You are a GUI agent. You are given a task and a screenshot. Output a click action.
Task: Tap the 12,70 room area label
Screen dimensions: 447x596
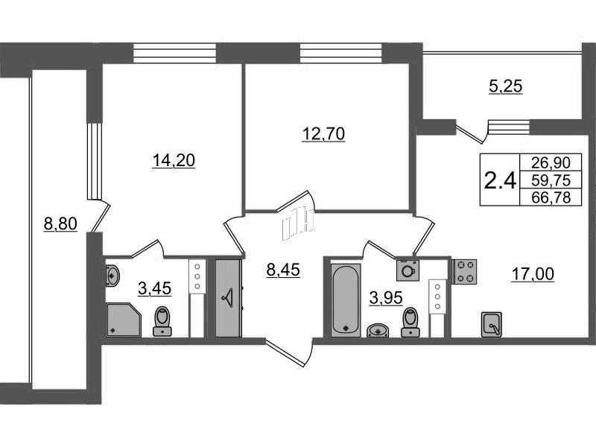pyautogui.click(x=324, y=134)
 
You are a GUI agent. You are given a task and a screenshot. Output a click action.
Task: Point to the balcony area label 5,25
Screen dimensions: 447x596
pyautogui.click(x=506, y=86)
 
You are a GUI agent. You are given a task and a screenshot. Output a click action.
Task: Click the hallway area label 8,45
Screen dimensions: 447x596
pyautogui.click(x=282, y=270)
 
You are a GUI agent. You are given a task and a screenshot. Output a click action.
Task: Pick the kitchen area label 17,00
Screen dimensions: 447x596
pyautogui.click(x=533, y=274)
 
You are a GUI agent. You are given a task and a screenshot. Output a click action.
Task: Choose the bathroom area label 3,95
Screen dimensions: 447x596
pyautogui.click(x=387, y=298)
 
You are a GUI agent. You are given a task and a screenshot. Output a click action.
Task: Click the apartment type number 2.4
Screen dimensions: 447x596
pyautogui.click(x=500, y=180)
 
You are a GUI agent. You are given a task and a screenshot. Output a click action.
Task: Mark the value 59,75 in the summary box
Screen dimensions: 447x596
pyautogui.click(x=553, y=179)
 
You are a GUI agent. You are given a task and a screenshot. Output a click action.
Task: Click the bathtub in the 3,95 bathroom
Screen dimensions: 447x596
pyautogui.click(x=344, y=298)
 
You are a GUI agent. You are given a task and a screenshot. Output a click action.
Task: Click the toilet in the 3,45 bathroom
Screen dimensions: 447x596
pyautogui.click(x=162, y=321)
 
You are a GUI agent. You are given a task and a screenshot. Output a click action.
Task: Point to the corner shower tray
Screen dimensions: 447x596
pyautogui.click(x=122, y=319)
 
